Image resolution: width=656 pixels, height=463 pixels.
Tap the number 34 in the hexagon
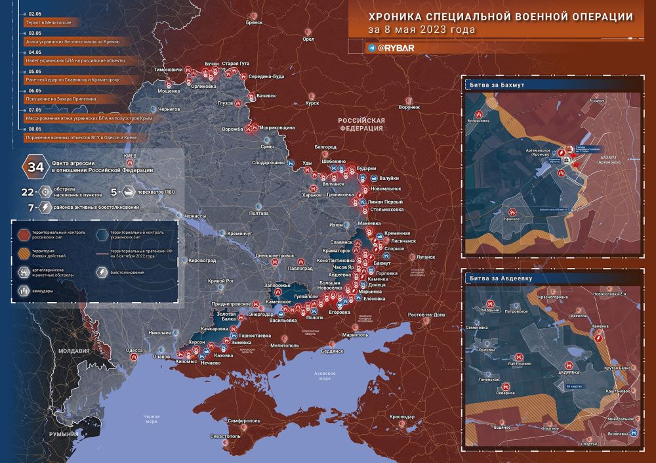click(33, 167)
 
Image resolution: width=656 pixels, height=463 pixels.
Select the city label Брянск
click(254, 22)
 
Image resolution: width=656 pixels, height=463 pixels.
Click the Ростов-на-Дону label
click(427, 315)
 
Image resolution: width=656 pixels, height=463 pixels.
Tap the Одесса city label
click(134, 351)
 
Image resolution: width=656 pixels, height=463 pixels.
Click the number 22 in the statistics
click(28, 192)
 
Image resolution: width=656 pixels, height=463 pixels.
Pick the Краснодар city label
click(401, 417)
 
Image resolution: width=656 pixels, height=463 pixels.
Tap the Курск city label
click(312, 102)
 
